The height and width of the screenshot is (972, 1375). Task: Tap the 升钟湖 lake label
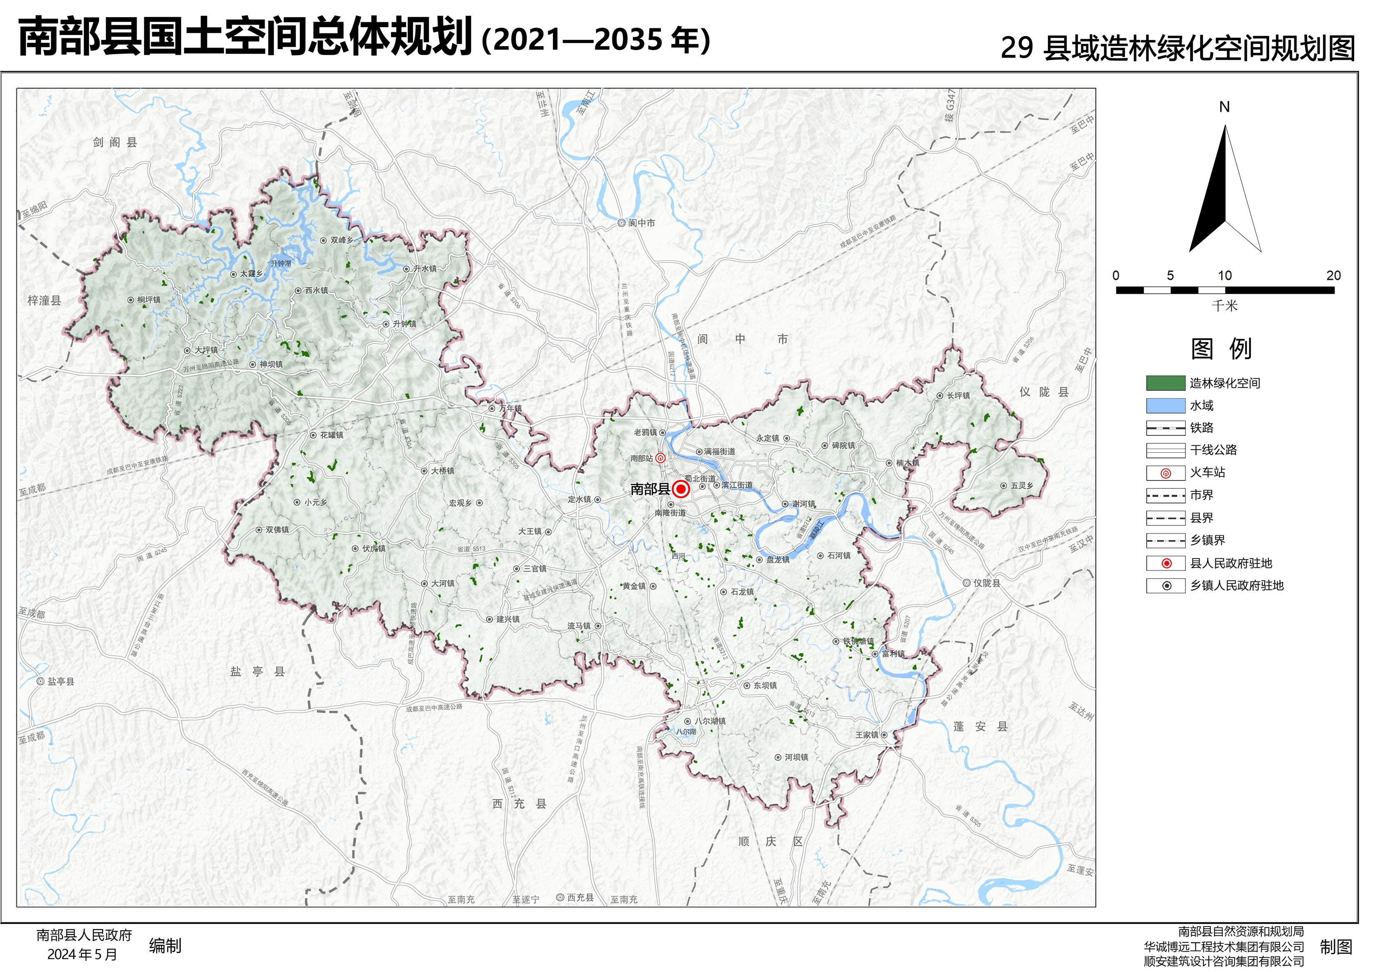280,263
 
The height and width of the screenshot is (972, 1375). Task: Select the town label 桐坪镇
148,300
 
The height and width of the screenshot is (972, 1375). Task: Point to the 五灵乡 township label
1022,486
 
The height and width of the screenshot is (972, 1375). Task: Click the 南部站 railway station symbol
660,458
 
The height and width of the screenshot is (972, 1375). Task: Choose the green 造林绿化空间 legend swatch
1165,383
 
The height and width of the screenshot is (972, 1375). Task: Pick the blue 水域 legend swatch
1165,406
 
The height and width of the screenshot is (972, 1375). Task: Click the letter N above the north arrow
1224,107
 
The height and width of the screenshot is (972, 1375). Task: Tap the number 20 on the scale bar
1333,275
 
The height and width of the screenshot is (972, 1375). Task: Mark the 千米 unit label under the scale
1224,306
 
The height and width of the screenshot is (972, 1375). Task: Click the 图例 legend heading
1221,349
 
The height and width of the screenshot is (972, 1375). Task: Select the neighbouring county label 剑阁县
115,142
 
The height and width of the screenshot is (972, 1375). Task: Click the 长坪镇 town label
958,396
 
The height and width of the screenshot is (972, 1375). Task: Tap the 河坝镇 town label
797,757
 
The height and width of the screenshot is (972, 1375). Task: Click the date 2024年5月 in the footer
82,955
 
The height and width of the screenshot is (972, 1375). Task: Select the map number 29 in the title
1016,48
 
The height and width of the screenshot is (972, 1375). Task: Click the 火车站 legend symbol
1165,473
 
